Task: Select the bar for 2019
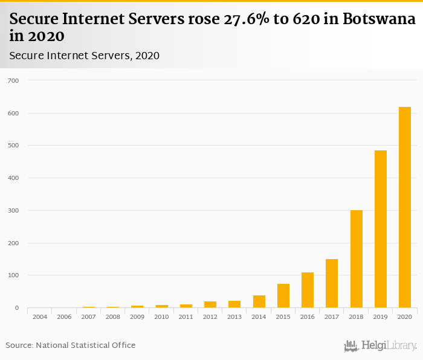(380, 229)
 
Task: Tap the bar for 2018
(356, 259)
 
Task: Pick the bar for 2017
(332, 283)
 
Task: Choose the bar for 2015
(283, 296)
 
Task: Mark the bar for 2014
(259, 301)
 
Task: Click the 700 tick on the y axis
(13, 80)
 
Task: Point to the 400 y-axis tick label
(13, 178)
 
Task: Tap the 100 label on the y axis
(13, 275)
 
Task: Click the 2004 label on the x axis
(40, 317)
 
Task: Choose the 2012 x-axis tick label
(210, 317)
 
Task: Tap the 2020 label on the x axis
(404, 317)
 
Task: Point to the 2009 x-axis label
(137, 317)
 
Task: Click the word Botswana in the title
(379, 19)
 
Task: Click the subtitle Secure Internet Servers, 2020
(85, 56)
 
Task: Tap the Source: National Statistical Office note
(71, 345)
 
